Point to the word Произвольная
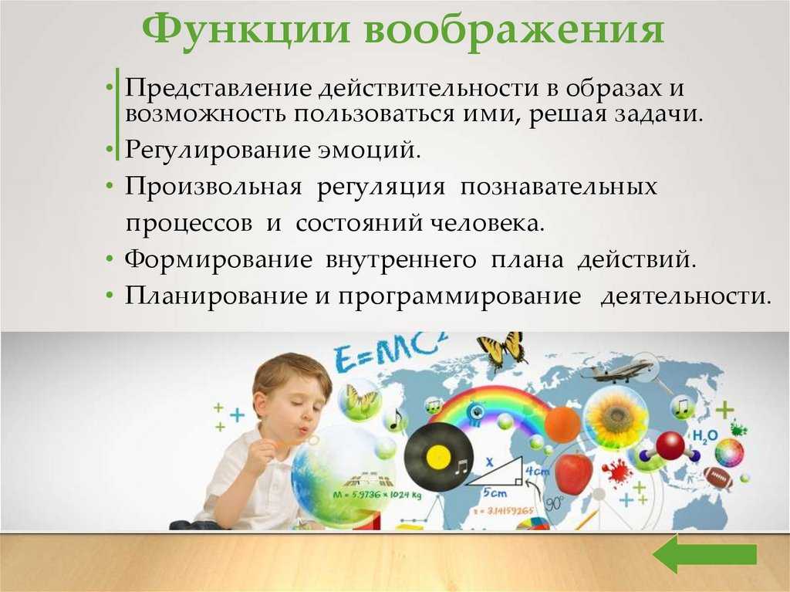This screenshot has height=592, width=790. coord(213,187)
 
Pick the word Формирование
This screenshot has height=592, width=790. coord(218,260)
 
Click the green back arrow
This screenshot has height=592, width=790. coord(705,554)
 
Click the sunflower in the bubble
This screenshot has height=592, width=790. coord(615,415)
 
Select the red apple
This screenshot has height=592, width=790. coord(573,472)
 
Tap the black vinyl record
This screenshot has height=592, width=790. coord(438,456)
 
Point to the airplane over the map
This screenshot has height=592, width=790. coord(618,370)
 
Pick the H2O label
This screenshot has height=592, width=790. coord(705,435)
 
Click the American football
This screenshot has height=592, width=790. coord(718,478)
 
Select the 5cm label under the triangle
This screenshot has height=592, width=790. coord(495,492)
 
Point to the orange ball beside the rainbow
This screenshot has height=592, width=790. coord(562,425)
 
